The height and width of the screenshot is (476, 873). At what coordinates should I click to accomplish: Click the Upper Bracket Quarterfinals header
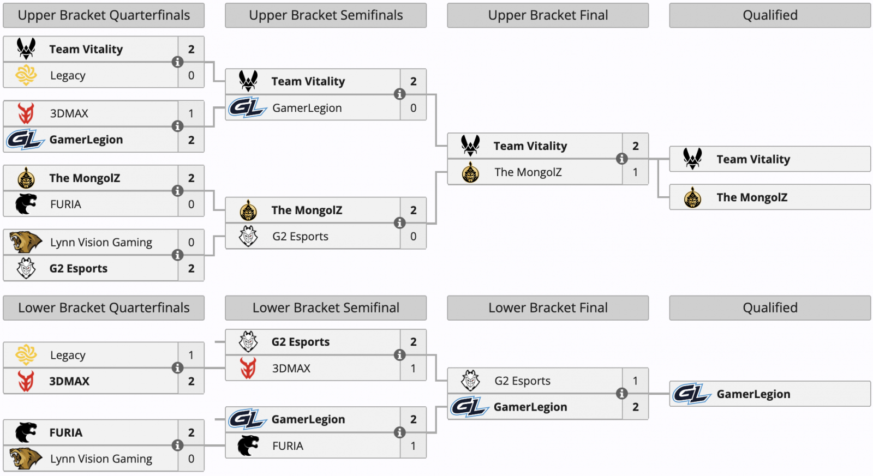(104, 15)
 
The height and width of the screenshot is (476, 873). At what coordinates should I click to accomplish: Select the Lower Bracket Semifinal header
(326, 308)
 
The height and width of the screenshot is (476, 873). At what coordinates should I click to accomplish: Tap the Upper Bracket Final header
(548, 15)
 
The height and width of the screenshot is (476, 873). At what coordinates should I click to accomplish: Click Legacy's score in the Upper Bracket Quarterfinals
(191, 75)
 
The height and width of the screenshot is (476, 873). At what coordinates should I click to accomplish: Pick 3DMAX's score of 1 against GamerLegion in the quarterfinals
(191, 113)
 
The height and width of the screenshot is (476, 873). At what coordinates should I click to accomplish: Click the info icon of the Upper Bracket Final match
(621, 159)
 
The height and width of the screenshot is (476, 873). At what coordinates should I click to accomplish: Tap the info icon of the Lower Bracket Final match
(621, 394)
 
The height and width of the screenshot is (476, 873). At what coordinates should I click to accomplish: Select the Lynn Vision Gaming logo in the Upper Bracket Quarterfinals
(26, 242)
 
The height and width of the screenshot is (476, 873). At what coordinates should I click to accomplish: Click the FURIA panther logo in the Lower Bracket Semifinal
(248, 445)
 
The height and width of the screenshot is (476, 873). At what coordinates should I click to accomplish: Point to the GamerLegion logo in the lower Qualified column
(692, 394)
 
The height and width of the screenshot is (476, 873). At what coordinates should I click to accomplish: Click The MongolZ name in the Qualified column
(752, 197)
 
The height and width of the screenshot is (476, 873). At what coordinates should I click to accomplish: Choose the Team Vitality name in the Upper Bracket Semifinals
(308, 81)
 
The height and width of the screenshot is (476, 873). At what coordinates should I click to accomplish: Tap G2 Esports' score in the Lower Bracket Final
(635, 381)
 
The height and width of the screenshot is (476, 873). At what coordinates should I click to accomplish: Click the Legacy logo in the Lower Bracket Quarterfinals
(26, 355)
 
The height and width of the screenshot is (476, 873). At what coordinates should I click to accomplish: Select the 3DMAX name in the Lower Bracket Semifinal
(291, 368)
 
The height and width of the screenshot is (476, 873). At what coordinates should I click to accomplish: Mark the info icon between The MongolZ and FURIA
(177, 191)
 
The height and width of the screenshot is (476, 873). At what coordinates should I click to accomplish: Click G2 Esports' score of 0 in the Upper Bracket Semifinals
(413, 237)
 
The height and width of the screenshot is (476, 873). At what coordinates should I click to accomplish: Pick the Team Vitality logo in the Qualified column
(692, 159)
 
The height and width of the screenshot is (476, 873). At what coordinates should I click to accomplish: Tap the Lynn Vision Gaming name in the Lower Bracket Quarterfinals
(101, 459)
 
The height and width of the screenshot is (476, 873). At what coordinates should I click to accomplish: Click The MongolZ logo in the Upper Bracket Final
(470, 172)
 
